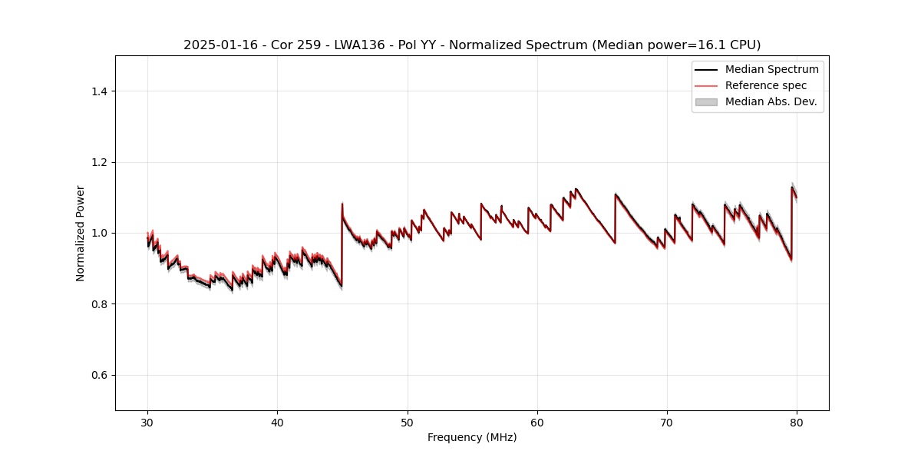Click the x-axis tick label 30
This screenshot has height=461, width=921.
tap(147, 422)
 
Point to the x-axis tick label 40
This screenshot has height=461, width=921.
tap(277, 422)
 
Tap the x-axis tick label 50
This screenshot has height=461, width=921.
tap(407, 422)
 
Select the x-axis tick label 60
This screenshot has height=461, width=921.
tap(537, 422)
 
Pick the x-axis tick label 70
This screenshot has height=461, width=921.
tap(667, 422)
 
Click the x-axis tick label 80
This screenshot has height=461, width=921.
tap(797, 422)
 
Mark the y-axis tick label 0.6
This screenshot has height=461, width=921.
tap(99, 375)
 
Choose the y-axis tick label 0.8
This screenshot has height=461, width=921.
tap(99, 304)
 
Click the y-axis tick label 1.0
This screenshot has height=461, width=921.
tap(99, 233)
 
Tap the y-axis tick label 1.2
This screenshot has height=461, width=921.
tap(99, 162)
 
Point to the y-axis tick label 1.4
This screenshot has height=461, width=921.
tap(99, 91)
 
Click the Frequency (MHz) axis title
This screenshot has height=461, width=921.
tap(472, 437)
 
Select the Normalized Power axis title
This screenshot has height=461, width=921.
tap(81, 233)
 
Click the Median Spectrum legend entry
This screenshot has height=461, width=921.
tap(771, 69)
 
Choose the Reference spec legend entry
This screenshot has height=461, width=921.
tap(765, 85)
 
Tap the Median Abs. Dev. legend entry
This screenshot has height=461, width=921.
tap(771, 101)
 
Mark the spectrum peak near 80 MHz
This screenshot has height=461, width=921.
tap(792, 187)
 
